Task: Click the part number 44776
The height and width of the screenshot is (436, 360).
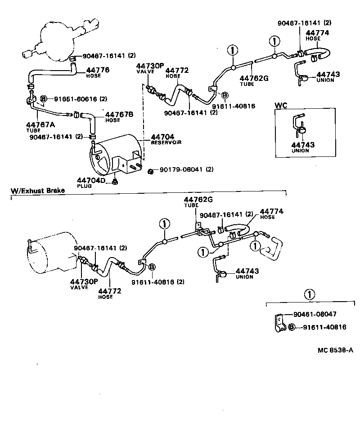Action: coord(98,70)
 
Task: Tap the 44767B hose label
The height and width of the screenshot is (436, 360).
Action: coord(119,114)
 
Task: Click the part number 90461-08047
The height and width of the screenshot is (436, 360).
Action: coord(315,315)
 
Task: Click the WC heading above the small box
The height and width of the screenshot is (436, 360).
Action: coord(281,106)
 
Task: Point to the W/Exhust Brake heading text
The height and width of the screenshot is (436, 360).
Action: coord(38,191)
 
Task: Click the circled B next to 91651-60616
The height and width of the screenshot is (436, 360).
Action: coord(44,98)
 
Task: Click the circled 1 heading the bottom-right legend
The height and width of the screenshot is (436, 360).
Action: coord(309,294)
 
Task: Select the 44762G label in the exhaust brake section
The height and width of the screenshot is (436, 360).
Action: coord(194,200)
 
